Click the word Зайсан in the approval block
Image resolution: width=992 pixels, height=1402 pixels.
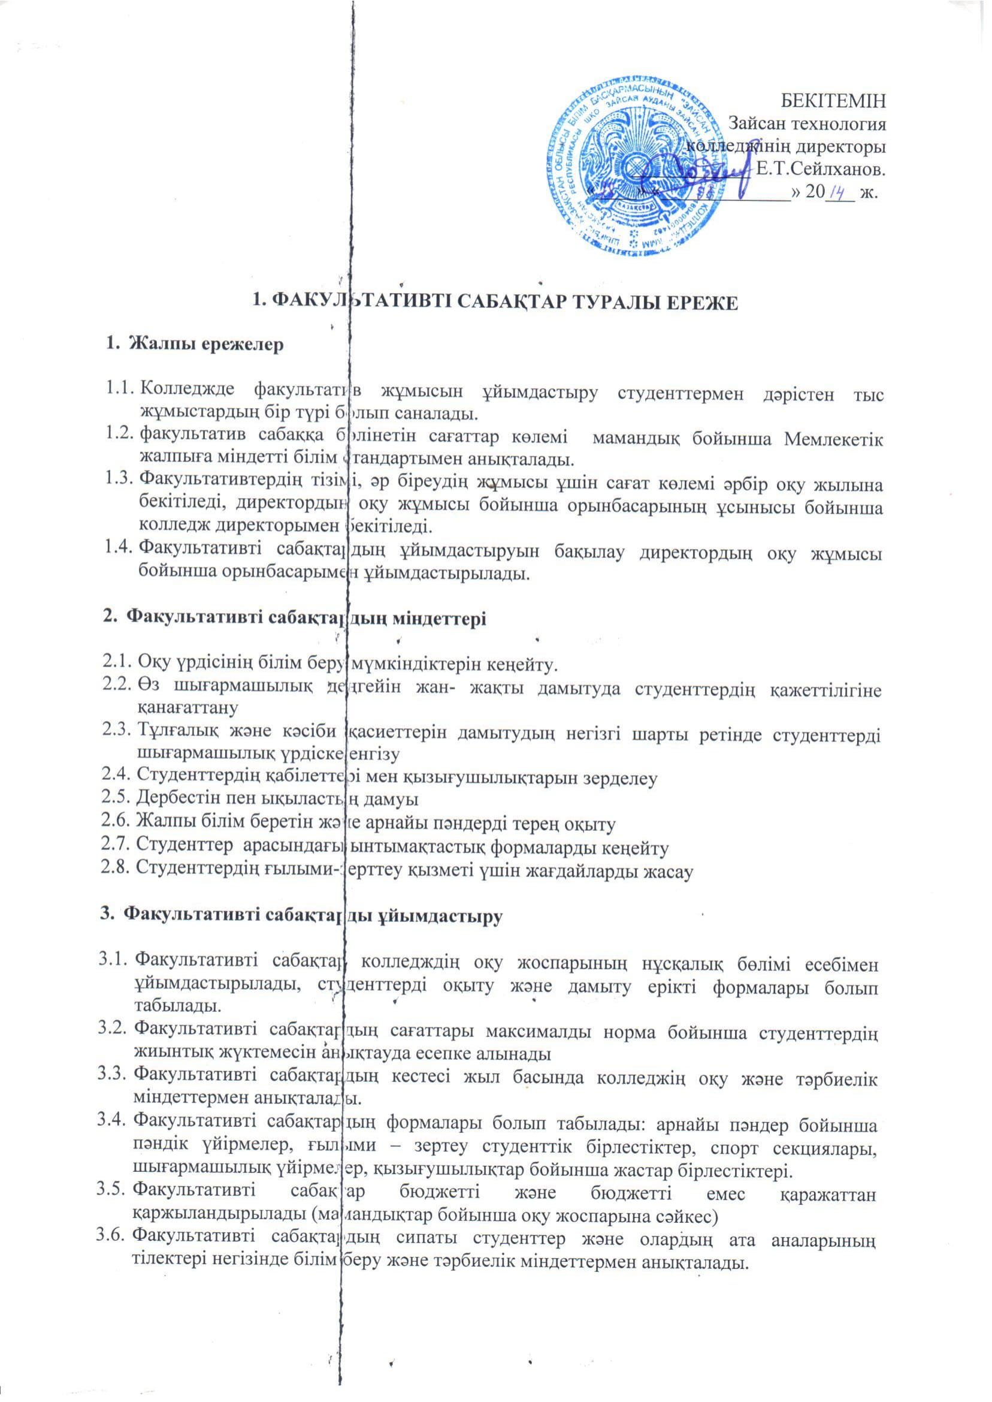click(x=757, y=123)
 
